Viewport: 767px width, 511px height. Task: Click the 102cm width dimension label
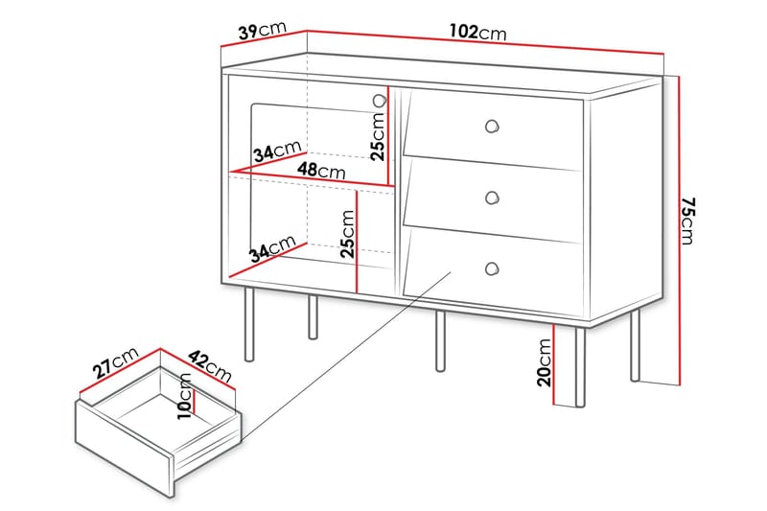pos(476,33)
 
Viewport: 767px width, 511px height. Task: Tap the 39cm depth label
pos(262,32)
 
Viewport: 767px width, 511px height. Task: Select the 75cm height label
pos(687,221)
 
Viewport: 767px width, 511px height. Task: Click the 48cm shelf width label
pos(321,171)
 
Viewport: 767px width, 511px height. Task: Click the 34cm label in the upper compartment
pos(275,152)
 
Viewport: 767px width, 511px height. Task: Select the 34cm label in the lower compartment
pos(271,249)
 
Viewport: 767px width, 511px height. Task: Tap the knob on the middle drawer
pos(493,197)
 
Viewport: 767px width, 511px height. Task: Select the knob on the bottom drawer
pos(492,268)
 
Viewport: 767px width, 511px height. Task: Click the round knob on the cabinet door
pos(379,101)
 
